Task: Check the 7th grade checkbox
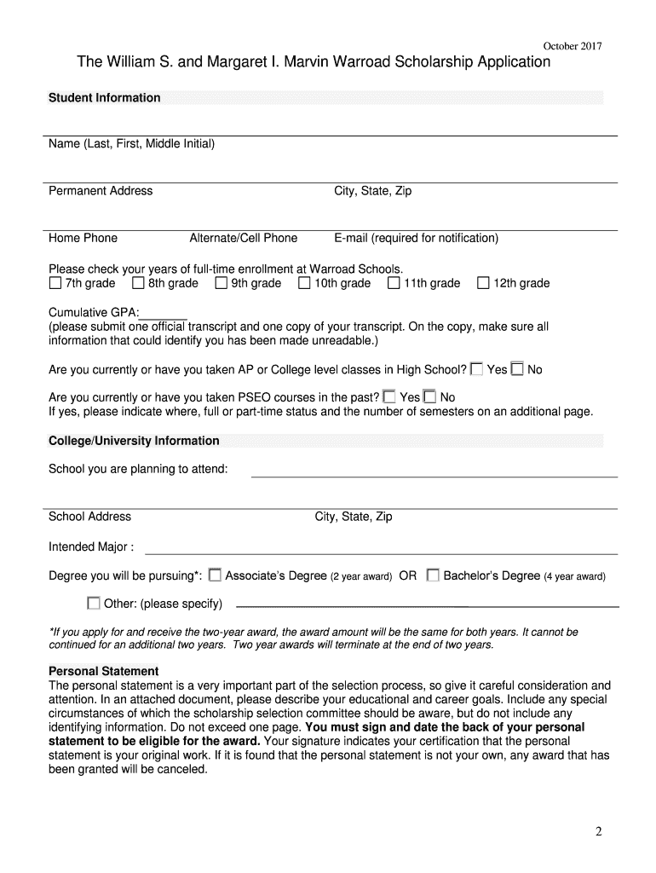point(55,283)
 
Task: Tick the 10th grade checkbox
point(304,283)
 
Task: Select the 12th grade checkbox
point(483,283)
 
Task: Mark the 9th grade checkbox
point(221,283)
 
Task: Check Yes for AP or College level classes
point(476,369)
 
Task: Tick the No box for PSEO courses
point(429,396)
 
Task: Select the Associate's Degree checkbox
point(215,575)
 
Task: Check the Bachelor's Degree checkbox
point(433,575)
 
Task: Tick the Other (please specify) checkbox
point(93,604)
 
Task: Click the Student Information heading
point(104,98)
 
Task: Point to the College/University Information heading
point(134,441)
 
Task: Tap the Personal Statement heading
point(103,671)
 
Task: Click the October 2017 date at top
point(573,46)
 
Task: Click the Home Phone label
point(83,238)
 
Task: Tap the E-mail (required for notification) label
point(416,238)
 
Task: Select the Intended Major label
point(90,546)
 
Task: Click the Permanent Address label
point(101,191)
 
